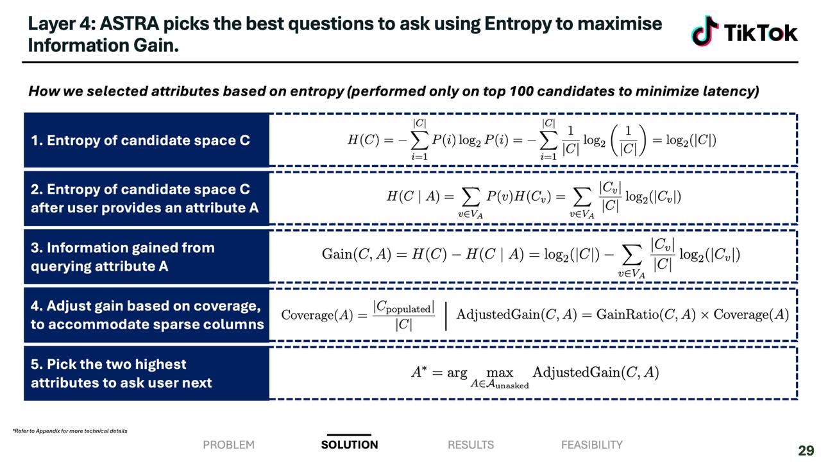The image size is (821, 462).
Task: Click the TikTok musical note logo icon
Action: pos(705,31)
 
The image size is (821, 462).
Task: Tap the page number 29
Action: pos(806,450)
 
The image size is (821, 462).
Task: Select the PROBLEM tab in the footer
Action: pos(229,445)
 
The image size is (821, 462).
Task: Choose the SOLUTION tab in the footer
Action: pos(350,445)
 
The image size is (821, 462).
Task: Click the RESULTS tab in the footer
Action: pos(471,445)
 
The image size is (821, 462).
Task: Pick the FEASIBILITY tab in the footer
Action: pos(592,445)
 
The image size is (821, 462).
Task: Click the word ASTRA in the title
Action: pos(130,24)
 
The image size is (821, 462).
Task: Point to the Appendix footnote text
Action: pos(70,431)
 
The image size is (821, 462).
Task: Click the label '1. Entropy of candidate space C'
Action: pos(140,141)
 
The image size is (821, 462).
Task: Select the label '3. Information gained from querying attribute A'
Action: pos(123,257)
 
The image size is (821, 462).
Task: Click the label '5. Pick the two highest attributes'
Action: pos(121,373)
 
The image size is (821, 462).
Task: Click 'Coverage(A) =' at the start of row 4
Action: pos(324,314)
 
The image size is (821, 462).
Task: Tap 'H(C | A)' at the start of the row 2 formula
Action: pos(413,196)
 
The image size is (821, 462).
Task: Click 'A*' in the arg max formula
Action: pos(419,372)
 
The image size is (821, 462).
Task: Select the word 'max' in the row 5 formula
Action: pos(500,373)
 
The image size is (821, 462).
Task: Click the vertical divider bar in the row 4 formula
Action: pos(446,316)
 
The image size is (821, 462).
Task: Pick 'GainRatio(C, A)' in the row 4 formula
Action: pos(645,314)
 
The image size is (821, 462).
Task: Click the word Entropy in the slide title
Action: pos(518,24)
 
